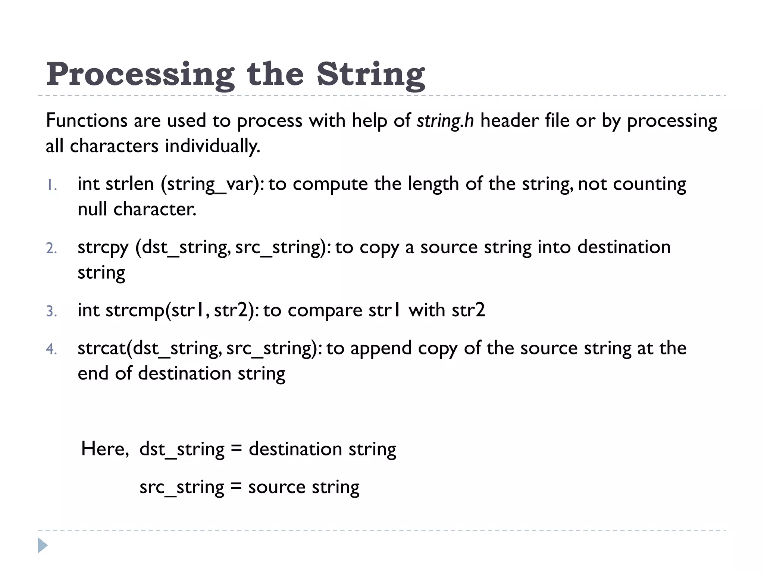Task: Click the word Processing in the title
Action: pyautogui.click(x=140, y=75)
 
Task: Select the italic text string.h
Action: pyautogui.click(x=445, y=121)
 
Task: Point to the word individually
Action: pyautogui.click(x=212, y=146)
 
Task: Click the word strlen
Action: pyautogui.click(x=129, y=184)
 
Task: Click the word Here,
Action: pyautogui.click(x=105, y=449)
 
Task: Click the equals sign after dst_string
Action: pyautogui.click(x=236, y=449)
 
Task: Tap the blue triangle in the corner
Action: pyautogui.click(x=43, y=546)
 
